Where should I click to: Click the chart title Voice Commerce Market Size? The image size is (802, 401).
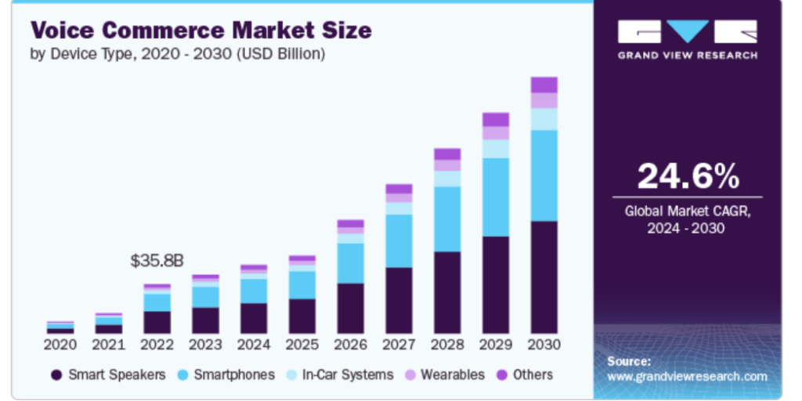pos(200,31)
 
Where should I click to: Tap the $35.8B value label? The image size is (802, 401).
pos(157,261)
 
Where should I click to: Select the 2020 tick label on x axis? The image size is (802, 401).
pos(60,345)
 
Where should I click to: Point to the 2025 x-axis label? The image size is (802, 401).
pos(302,345)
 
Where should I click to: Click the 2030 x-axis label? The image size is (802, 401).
pos(544,345)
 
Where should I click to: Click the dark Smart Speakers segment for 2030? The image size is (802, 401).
pos(544,277)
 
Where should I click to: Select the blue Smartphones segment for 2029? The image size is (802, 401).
pos(495,197)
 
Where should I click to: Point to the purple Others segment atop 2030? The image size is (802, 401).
pos(544,85)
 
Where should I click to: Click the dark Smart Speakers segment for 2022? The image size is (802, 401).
pos(157,322)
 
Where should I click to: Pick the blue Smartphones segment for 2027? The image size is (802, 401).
pos(399,240)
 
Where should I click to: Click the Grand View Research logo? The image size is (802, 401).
pos(687,38)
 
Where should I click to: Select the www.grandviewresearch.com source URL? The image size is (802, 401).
pos(687,377)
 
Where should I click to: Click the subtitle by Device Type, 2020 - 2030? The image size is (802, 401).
pos(177,54)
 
